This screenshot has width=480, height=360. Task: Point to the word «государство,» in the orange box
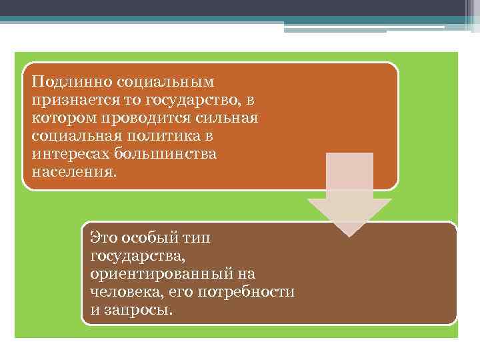point(194,100)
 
